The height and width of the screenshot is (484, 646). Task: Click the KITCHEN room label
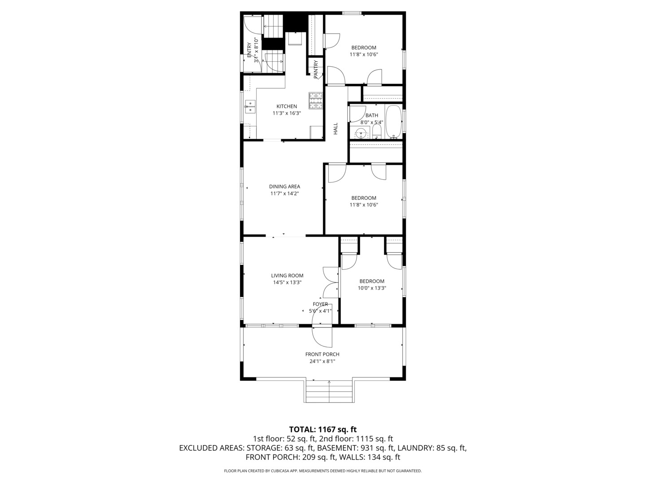pyautogui.click(x=286, y=106)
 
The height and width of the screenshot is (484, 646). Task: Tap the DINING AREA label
pyautogui.click(x=284, y=186)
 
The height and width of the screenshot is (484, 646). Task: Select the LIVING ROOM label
pyautogui.click(x=287, y=276)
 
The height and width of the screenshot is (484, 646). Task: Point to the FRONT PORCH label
pyautogui.click(x=322, y=354)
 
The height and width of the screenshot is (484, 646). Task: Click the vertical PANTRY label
pyautogui.click(x=316, y=69)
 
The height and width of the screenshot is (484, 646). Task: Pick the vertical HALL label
pyautogui.click(x=335, y=129)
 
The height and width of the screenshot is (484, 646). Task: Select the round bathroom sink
pyautogui.click(x=360, y=133)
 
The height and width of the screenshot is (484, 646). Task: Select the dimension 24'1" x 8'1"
pyautogui.click(x=322, y=361)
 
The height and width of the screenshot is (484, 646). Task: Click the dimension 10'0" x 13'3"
pyautogui.click(x=371, y=288)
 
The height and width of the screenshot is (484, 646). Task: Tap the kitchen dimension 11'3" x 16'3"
pyautogui.click(x=286, y=113)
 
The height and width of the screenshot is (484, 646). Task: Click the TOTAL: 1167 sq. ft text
pyautogui.click(x=323, y=430)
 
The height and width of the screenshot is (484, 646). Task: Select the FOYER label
pyautogui.click(x=320, y=304)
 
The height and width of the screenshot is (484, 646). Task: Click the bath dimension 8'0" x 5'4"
pyautogui.click(x=371, y=122)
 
